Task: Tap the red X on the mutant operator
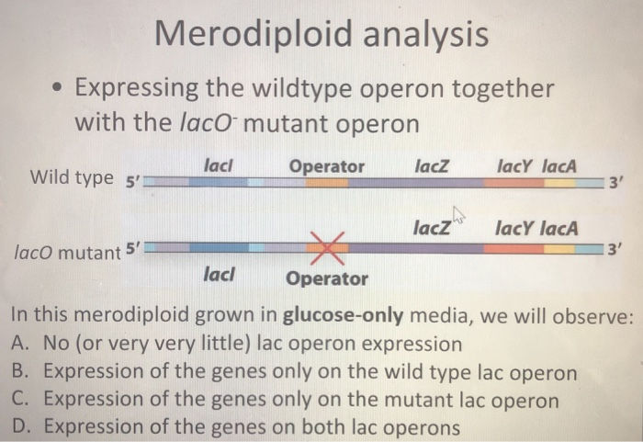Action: coord(328,246)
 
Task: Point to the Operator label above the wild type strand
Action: coord(326,166)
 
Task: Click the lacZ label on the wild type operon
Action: coord(431,166)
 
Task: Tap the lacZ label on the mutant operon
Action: coord(432,227)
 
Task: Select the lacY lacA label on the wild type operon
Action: coord(537,166)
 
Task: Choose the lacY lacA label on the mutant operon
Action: coord(536,227)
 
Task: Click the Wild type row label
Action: coord(73,176)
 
